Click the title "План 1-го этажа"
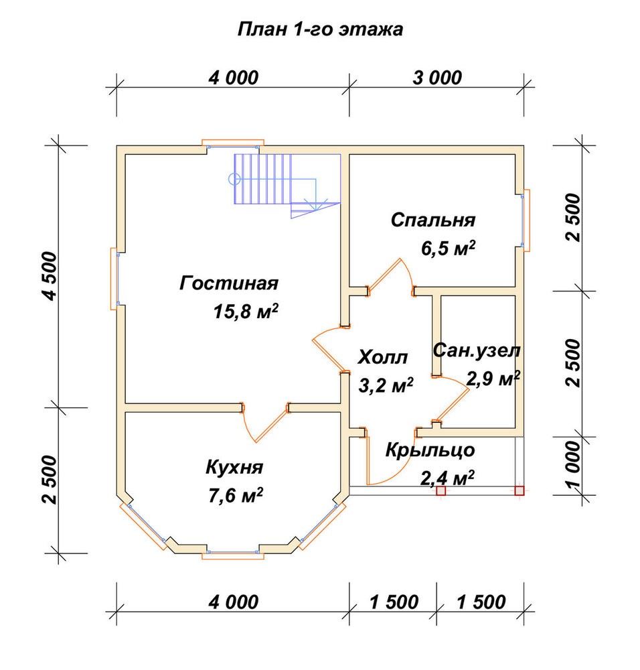pyautogui.click(x=320, y=29)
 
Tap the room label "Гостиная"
pyautogui.click(x=229, y=283)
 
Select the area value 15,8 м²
pyautogui.click(x=246, y=312)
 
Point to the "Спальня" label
pyautogui.click(x=433, y=220)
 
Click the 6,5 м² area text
pyautogui.click(x=448, y=249)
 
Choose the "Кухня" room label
pyautogui.click(x=234, y=468)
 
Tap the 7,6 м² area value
pyautogui.click(x=235, y=496)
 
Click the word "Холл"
pyautogui.click(x=382, y=357)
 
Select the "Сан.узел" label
pyautogui.click(x=477, y=350)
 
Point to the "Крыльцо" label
pyautogui.click(x=430, y=450)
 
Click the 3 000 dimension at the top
pyautogui.click(x=437, y=78)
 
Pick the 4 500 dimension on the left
pyautogui.click(x=50, y=276)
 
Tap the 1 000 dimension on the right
pyautogui.click(x=573, y=464)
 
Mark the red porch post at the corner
pyautogui.click(x=519, y=490)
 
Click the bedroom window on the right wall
pyautogui.click(x=526, y=220)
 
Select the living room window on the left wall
pyautogui.click(x=114, y=278)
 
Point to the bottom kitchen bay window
pyautogui.click(x=233, y=554)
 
